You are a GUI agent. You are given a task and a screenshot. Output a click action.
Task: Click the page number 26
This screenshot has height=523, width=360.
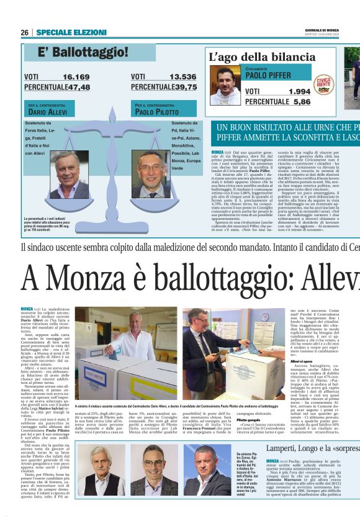coord(24,32)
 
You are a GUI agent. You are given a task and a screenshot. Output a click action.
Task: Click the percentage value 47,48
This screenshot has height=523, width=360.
coord(78,87)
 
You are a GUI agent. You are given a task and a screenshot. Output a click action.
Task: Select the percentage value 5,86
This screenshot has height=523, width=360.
coord(302,101)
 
